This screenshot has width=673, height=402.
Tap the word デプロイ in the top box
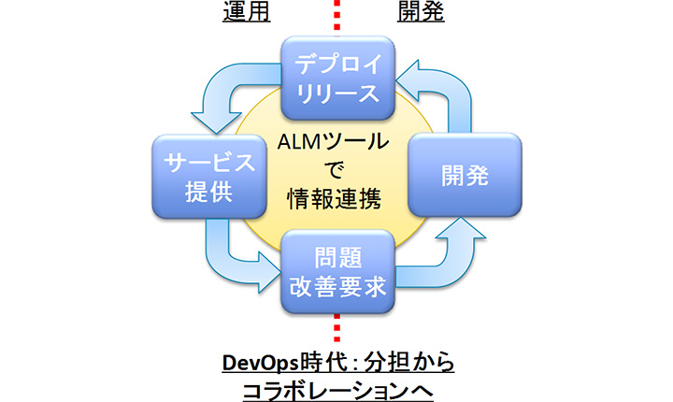336,64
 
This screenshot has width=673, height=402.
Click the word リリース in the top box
336,93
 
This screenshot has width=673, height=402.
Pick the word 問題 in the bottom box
336,256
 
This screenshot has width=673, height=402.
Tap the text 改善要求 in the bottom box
336,287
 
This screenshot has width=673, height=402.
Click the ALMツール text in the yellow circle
336,143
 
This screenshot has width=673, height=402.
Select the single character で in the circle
336,169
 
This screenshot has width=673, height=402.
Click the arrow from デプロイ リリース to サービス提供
224,93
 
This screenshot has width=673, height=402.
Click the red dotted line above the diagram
336,16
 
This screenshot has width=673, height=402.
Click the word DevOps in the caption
257,361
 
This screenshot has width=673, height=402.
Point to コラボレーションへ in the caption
336,387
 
